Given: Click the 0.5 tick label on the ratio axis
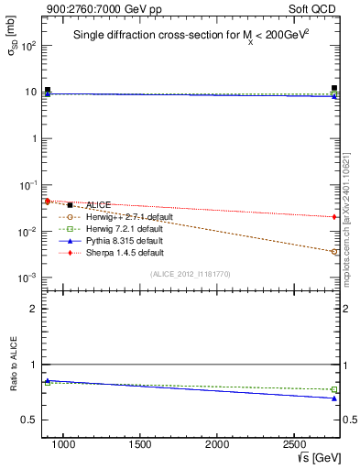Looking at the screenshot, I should (x=28, y=420).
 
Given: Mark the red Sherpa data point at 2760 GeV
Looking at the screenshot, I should (x=334, y=216).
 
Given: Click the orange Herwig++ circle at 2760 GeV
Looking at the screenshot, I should (x=334, y=251).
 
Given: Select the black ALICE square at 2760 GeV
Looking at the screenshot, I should (x=334, y=89).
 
